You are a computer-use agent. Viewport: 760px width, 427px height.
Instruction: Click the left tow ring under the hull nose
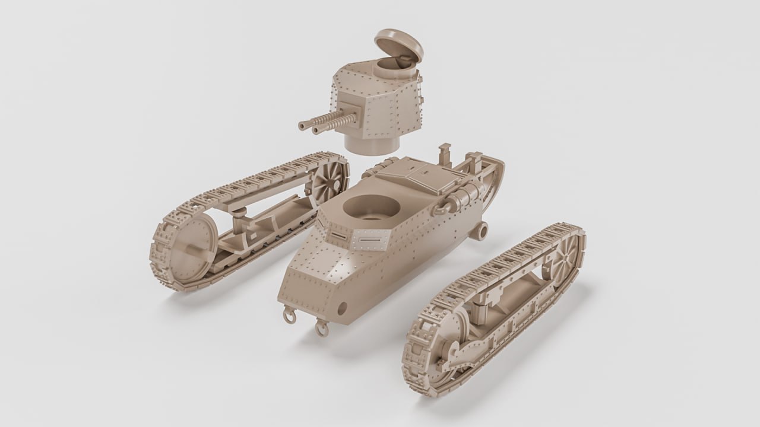[289, 316]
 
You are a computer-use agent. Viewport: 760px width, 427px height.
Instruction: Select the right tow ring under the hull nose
[321, 327]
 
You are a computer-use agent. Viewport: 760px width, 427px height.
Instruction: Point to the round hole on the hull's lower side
[343, 307]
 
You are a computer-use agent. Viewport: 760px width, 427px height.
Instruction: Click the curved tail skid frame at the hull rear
[490, 178]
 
